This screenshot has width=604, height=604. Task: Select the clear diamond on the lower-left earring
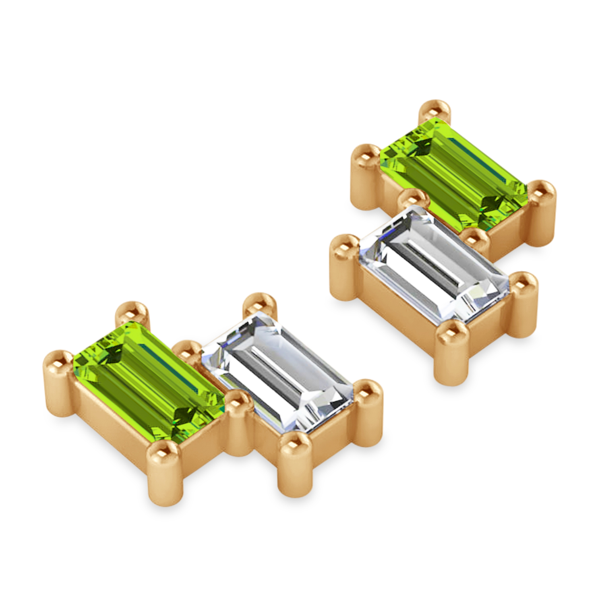pos(278,372)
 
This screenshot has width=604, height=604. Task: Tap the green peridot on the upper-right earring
pos(453,173)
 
